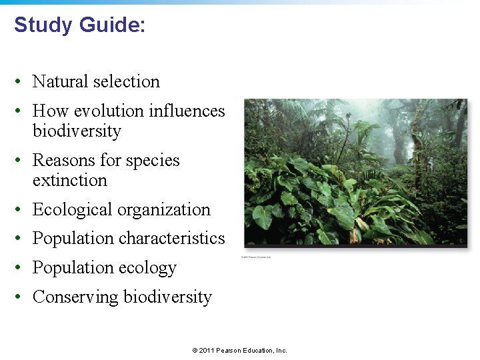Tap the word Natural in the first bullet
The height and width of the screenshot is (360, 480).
click(x=61, y=82)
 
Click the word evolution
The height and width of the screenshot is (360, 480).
click(x=113, y=111)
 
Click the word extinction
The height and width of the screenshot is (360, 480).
click(x=69, y=181)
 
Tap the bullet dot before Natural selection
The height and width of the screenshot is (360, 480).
click(x=22, y=83)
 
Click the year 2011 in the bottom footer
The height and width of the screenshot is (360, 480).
click(x=207, y=351)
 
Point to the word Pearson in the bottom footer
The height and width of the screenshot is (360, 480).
click(x=229, y=351)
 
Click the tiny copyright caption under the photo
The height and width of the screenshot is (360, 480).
click(x=256, y=257)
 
